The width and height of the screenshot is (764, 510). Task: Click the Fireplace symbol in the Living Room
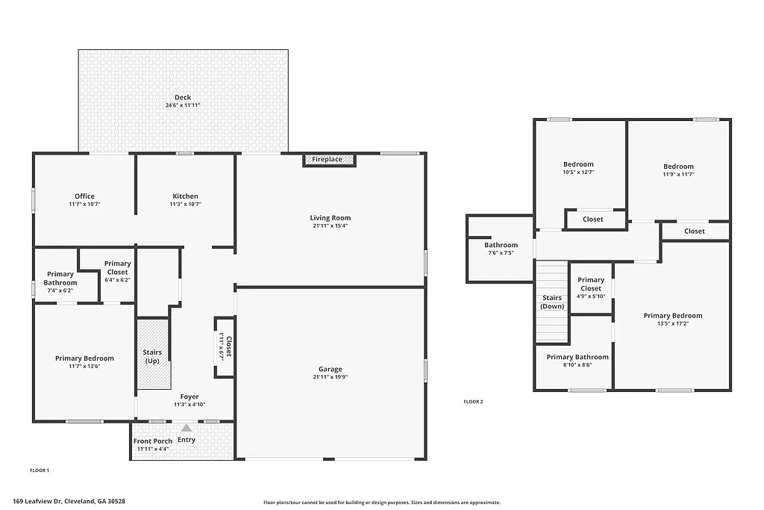tap(328, 160)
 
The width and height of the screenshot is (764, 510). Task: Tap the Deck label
tap(183, 97)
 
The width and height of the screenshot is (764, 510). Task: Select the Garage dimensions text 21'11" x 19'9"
tap(331, 377)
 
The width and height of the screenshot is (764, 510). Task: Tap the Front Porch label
tap(153, 441)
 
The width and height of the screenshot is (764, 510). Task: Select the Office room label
tap(84, 196)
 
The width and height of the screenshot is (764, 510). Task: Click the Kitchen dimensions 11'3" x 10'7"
tap(185, 204)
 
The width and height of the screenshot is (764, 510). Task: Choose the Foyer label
tap(190, 397)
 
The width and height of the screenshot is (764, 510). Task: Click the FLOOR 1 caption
tap(40, 470)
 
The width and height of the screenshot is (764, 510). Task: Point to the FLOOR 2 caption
tap(473, 402)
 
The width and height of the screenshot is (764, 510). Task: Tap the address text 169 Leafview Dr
tap(69, 502)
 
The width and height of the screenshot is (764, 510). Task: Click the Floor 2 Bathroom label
tap(501, 245)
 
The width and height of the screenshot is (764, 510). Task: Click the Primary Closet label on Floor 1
tap(117, 267)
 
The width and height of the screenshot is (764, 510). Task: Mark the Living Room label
tap(330, 218)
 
